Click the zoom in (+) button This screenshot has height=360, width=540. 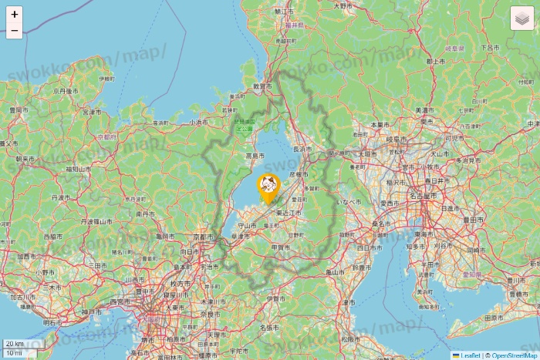pos(14,14)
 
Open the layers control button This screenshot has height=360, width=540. pos(522,18)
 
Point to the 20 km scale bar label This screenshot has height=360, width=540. pos(14,344)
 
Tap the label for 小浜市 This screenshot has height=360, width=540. pos(198,122)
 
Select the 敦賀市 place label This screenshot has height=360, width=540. pos(263,87)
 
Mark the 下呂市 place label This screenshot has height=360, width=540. pos(491,47)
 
